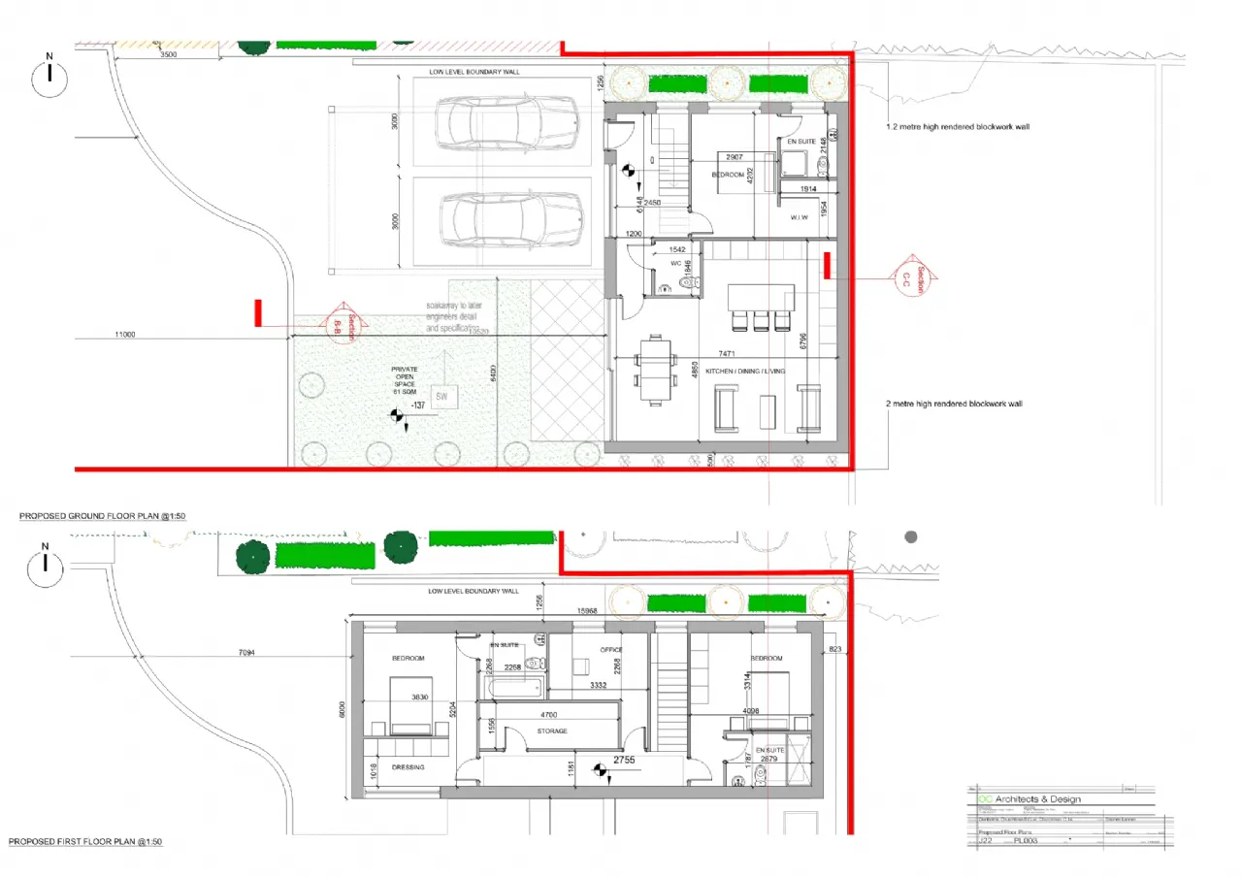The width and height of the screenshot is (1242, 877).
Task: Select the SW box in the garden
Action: (441, 396)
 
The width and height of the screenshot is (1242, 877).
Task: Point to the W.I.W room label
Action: (800, 217)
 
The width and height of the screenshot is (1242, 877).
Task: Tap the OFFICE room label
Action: (610, 650)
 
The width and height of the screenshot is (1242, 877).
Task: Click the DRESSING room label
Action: (408, 766)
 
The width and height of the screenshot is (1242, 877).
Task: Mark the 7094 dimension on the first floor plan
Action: (249, 653)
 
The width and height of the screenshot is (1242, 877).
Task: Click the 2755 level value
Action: (623, 762)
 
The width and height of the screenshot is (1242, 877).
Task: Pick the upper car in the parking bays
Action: (507, 123)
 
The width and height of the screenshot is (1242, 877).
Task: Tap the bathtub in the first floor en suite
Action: (511, 688)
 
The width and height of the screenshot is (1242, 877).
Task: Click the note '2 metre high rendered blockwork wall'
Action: (954, 404)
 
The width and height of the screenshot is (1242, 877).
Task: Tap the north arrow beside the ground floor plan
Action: (49, 77)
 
